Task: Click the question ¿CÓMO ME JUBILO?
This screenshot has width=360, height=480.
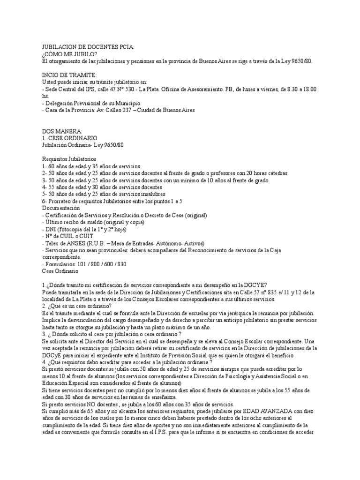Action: click(x=70, y=54)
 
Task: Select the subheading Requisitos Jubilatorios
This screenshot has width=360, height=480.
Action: click(x=68, y=159)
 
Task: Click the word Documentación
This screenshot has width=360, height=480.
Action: click(x=61, y=208)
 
